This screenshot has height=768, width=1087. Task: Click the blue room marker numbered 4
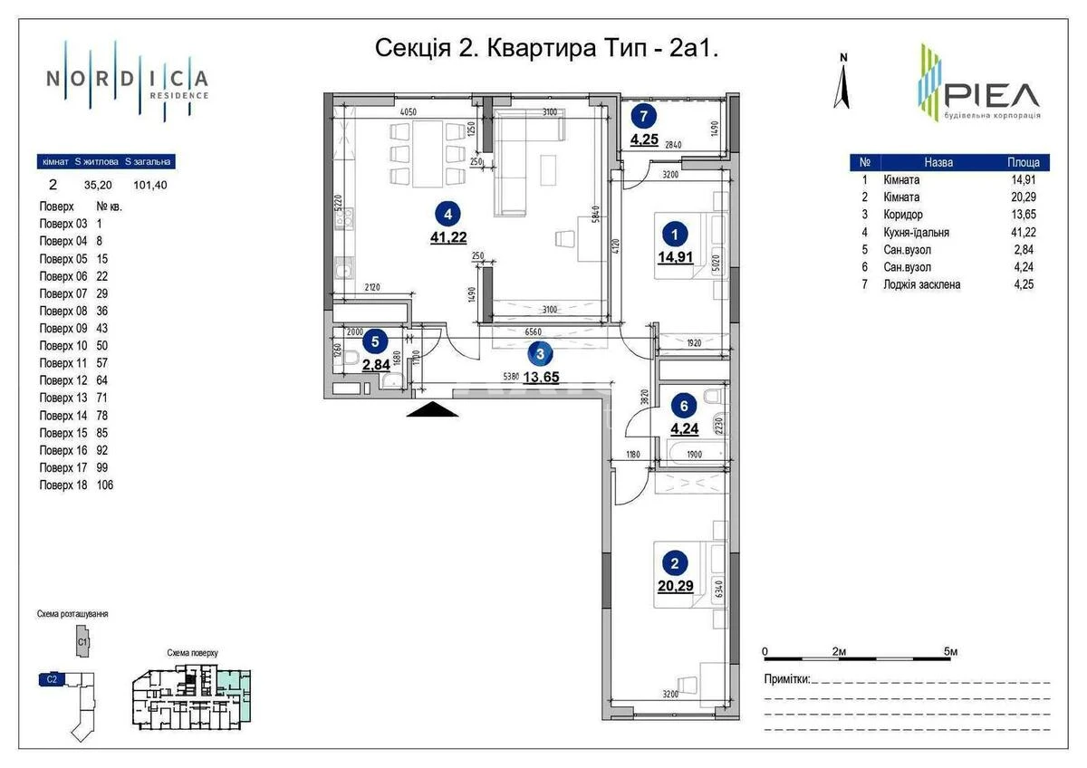[446, 215]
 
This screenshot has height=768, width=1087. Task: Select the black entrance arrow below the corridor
[429, 409]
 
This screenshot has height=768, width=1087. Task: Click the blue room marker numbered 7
[643, 116]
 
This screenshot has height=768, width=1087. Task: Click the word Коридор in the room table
[902, 215]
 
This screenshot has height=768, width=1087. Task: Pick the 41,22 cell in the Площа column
[1024, 232]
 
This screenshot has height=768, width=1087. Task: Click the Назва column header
[938, 163]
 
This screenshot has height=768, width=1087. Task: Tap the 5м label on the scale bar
[949, 651]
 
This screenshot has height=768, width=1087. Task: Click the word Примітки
[785, 679]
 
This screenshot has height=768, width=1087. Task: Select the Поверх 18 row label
[63, 485]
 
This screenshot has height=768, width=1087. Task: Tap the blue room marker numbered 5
[374, 341]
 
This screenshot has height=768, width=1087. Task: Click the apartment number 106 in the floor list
[105, 485]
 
